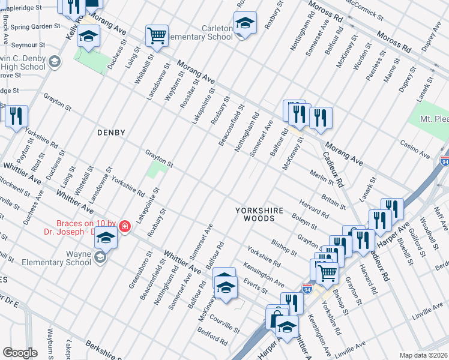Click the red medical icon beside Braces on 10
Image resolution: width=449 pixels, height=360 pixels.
pos(124,226)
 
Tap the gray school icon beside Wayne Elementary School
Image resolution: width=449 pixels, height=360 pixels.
pos(100,257)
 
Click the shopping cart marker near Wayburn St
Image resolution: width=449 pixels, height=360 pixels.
pos(157,35)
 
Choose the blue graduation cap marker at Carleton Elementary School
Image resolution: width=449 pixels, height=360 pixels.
pos(244,23)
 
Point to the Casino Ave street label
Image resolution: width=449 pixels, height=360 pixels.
pos(416,150)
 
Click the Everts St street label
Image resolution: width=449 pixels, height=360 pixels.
pos(256,286)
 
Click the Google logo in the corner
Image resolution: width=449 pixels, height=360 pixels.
pos(20,352)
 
